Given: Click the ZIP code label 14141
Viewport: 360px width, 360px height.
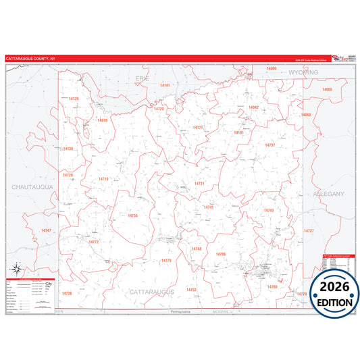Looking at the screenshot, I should click(165, 86).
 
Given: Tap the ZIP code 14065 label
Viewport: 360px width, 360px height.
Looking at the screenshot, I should click(328, 90).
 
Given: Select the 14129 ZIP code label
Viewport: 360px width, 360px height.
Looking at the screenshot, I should click(74, 99).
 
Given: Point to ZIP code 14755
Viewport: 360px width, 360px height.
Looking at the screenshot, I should click(132, 215).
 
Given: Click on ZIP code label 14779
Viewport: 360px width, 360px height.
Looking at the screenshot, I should click(166, 260).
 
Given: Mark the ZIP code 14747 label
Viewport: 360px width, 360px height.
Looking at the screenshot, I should click(46, 231).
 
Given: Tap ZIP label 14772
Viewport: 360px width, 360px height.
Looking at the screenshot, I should click(94, 242).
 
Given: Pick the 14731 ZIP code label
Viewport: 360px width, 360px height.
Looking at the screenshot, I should click(199, 183).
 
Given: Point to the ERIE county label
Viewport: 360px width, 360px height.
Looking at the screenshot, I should click(143, 78).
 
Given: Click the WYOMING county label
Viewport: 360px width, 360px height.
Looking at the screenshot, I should click(303, 72).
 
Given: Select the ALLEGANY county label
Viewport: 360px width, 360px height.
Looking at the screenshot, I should click(329, 194).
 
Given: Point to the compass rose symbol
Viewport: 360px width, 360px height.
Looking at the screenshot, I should click(16, 268).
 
